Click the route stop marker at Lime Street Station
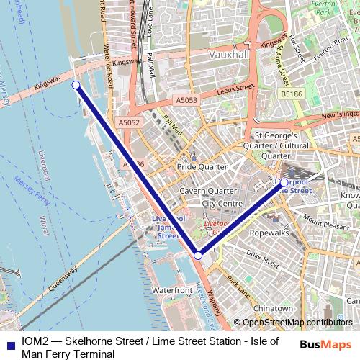(284, 183)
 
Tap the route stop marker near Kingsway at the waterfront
(76, 84)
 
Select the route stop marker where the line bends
(198, 255)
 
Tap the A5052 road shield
(129, 123)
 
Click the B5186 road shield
(291, 94)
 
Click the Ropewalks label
(268, 234)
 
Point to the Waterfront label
(172, 289)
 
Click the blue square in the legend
(9, 343)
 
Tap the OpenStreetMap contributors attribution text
(297, 323)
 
